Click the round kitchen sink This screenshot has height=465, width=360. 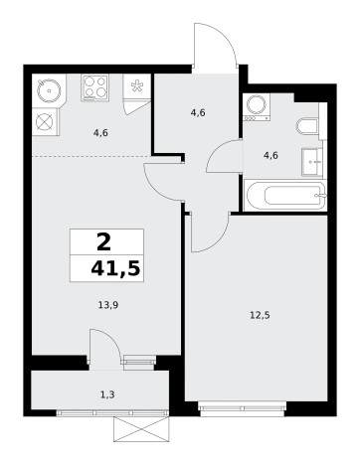point(49,90)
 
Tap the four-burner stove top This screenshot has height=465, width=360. point(95,87)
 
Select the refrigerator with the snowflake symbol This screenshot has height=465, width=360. point(136,86)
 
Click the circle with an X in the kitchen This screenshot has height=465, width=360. point(45,121)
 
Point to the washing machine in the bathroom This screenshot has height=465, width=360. point(257,106)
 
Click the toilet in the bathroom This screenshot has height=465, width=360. point(307,126)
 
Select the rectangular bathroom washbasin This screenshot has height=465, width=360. point(312,162)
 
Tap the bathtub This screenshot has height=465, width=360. point(284,195)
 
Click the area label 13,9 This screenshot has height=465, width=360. point(108,305)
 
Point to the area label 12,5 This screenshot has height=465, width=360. point(260,315)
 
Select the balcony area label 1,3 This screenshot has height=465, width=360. point(107,394)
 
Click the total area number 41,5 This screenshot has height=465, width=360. point(115,268)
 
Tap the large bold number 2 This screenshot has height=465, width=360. point(103,242)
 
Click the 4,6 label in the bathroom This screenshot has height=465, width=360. point(270,155)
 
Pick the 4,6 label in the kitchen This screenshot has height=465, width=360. point(100,133)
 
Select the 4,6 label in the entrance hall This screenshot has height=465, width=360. point(198,113)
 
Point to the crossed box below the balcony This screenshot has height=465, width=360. point(142,429)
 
